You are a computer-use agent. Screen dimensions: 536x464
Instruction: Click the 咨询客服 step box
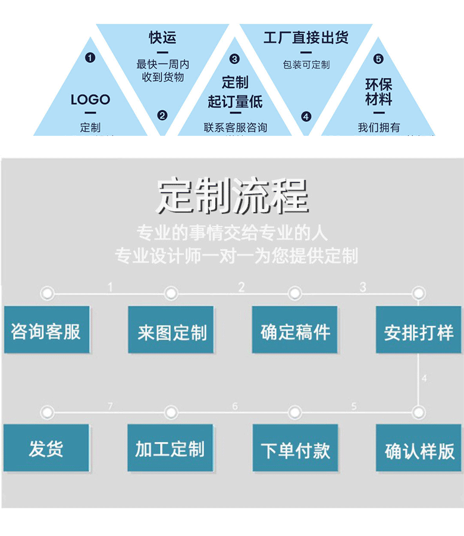[x=46, y=331]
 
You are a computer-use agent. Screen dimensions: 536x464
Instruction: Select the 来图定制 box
[x=171, y=331]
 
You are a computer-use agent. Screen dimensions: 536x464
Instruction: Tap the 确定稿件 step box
[x=295, y=331]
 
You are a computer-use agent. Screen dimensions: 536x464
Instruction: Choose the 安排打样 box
[x=419, y=331]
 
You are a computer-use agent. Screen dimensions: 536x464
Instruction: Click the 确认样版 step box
[x=419, y=450]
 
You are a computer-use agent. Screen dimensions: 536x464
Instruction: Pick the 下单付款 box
[x=295, y=449]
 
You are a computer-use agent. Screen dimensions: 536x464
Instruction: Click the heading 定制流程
[x=232, y=196]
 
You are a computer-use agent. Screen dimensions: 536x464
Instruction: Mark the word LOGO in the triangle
[x=90, y=99]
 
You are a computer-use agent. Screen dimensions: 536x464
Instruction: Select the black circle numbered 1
[x=90, y=58]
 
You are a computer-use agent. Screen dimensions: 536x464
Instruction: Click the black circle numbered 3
[x=234, y=59]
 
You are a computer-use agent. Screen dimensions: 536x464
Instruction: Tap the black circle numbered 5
[x=378, y=59]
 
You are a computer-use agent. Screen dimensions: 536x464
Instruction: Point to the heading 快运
[x=162, y=38]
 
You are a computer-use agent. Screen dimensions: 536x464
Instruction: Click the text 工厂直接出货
[x=306, y=38]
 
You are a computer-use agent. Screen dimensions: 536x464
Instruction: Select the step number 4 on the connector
[x=424, y=378]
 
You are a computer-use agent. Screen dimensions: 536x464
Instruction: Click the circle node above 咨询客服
[x=47, y=293]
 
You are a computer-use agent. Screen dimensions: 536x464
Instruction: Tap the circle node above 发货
[x=47, y=412]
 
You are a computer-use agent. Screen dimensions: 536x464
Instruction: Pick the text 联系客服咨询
[x=235, y=127]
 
